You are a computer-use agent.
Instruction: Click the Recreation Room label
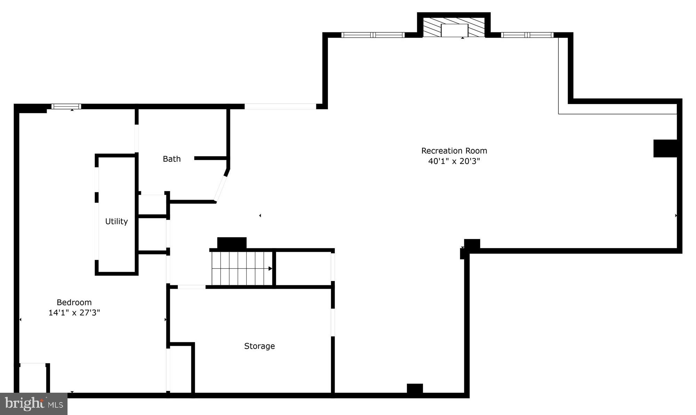point(454,151)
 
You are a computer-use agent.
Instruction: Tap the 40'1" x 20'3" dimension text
point(454,161)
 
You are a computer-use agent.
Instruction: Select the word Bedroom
point(74,302)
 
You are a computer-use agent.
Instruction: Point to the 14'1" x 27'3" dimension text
point(74,312)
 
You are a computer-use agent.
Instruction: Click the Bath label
point(172,159)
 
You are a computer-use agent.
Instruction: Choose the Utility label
point(116,221)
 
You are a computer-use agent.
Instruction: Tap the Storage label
point(259,346)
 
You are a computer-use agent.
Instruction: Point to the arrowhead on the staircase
point(270,269)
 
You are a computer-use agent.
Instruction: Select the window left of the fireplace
point(373,35)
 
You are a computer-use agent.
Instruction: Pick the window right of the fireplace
point(527,35)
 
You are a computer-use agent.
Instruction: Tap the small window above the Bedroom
point(66,106)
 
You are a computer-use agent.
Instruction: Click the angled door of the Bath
point(221,188)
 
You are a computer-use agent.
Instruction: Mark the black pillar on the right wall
point(665,149)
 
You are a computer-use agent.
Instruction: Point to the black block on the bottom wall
point(415,389)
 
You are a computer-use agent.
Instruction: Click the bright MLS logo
point(34,404)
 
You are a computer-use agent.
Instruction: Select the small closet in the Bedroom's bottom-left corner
point(33,378)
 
